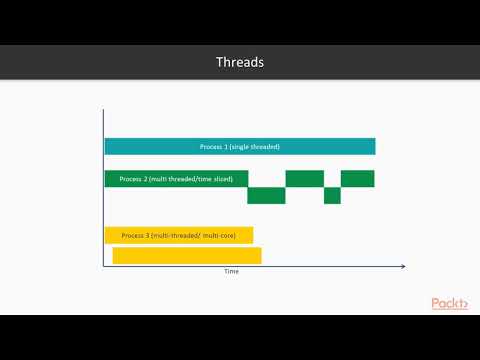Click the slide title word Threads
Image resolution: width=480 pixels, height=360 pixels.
[240, 62]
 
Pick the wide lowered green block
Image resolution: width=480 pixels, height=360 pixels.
[266, 195]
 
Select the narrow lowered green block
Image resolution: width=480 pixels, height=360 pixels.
[332, 195]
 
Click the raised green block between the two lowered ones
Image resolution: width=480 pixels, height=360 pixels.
[304, 179]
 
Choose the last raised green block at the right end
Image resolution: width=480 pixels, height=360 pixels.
[357, 179]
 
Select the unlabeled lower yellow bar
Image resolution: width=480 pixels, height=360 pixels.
[186, 255]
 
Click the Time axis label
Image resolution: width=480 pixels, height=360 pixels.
[231, 271]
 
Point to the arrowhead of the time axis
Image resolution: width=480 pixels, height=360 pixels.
[402, 266]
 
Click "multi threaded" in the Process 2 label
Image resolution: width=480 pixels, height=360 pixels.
[171, 179]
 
